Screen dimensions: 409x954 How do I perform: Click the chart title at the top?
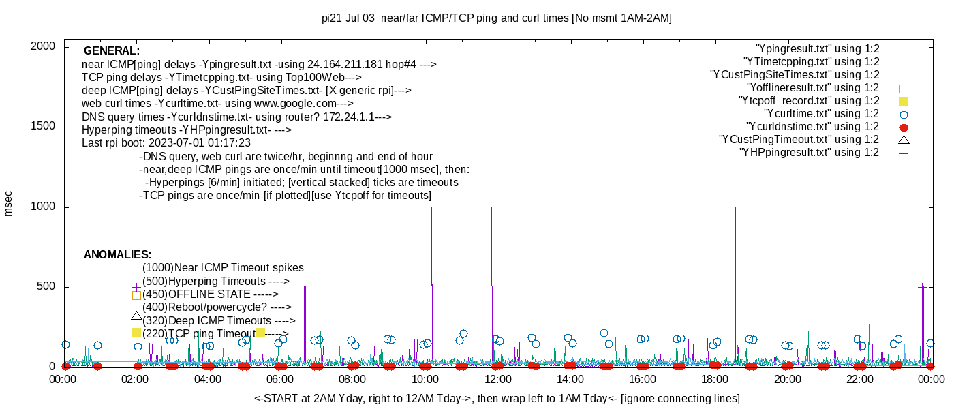496,18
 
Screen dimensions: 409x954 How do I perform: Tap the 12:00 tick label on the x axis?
497,380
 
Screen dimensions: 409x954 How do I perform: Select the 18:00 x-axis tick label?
715,380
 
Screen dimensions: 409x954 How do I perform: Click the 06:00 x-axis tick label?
280,380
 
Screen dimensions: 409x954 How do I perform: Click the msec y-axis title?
9,203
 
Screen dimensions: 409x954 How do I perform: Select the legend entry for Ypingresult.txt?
817,49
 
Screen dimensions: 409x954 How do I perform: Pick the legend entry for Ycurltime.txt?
821,114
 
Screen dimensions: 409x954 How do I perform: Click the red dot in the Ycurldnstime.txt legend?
904,127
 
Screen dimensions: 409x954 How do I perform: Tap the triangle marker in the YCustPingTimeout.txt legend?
904,140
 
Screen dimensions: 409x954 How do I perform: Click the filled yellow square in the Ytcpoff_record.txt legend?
904,101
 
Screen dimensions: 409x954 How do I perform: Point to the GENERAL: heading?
112,51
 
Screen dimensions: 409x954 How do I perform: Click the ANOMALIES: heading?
117,255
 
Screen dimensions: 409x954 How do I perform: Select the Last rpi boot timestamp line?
166,143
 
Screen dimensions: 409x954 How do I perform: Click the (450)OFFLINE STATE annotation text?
210,294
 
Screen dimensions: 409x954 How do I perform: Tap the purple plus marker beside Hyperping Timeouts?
136,287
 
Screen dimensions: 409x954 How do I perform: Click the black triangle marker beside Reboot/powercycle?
136,316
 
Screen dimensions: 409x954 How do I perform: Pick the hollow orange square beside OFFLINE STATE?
136,295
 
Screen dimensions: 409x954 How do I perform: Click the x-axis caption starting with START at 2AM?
496,398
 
